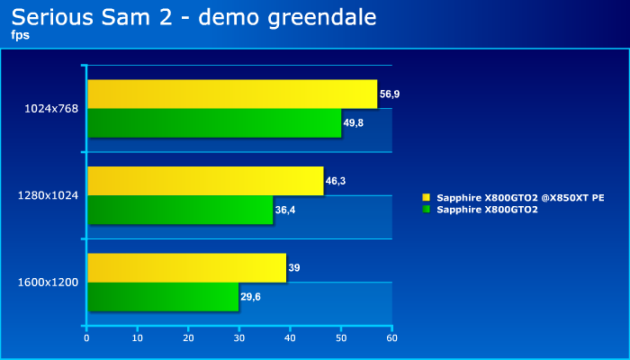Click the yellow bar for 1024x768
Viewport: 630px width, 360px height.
232,94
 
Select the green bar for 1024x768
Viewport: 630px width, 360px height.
214,123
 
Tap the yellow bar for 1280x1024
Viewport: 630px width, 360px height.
206,181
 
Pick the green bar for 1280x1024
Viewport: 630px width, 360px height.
180,210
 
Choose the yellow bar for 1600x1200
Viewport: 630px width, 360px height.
187,267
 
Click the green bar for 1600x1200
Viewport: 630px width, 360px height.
163,296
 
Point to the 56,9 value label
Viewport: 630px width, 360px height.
390,94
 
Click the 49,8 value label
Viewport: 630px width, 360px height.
354,123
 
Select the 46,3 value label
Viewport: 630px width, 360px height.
336,181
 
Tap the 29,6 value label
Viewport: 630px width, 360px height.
251,297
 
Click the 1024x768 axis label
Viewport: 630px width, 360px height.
51,109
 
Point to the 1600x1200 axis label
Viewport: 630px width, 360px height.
49,283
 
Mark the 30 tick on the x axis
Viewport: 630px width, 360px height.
239,337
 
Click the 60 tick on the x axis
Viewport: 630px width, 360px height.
392,337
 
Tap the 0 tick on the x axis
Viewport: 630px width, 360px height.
86,337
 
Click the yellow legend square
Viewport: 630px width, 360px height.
427,197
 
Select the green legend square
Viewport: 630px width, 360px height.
427,209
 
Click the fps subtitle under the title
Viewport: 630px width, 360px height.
21,35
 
